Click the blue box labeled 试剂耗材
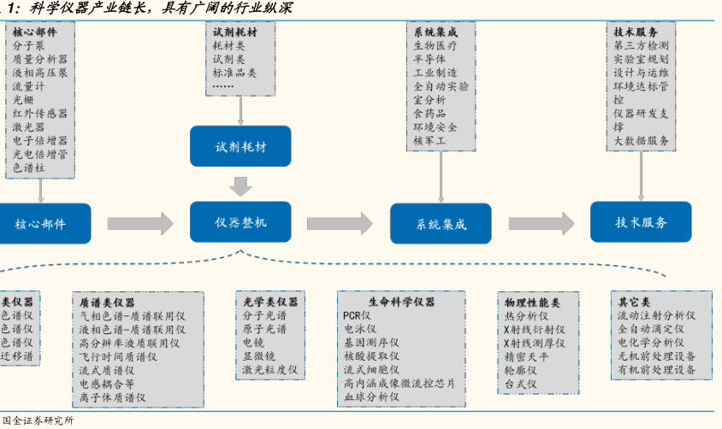click(240, 146)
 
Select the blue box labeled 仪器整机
click(240, 222)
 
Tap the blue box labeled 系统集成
click(441, 224)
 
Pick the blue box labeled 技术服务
click(642, 222)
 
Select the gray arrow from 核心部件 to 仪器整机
click(140, 224)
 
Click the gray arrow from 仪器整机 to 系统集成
click(340, 224)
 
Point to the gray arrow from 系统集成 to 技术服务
click(541, 224)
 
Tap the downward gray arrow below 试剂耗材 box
click(240, 185)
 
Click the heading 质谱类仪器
click(107, 303)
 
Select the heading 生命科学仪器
click(401, 302)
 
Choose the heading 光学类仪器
click(270, 302)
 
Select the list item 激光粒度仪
click(269, 370)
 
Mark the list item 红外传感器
click(39, 113)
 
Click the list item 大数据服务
click(641, 140)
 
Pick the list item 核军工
click(429, 140)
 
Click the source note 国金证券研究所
click(38, 420)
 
